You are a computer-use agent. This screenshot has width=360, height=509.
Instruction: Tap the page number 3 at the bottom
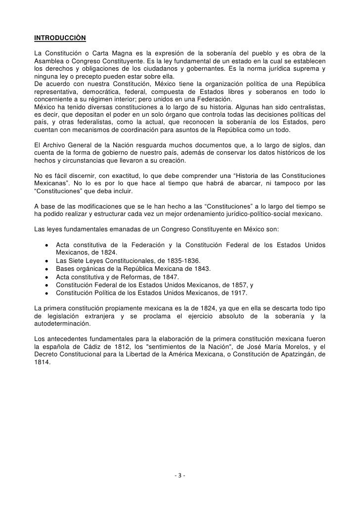tap(180, 476)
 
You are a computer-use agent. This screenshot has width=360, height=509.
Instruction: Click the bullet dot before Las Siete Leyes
tap(46, 261)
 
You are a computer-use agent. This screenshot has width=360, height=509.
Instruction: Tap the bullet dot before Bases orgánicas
tap(46, 268)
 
